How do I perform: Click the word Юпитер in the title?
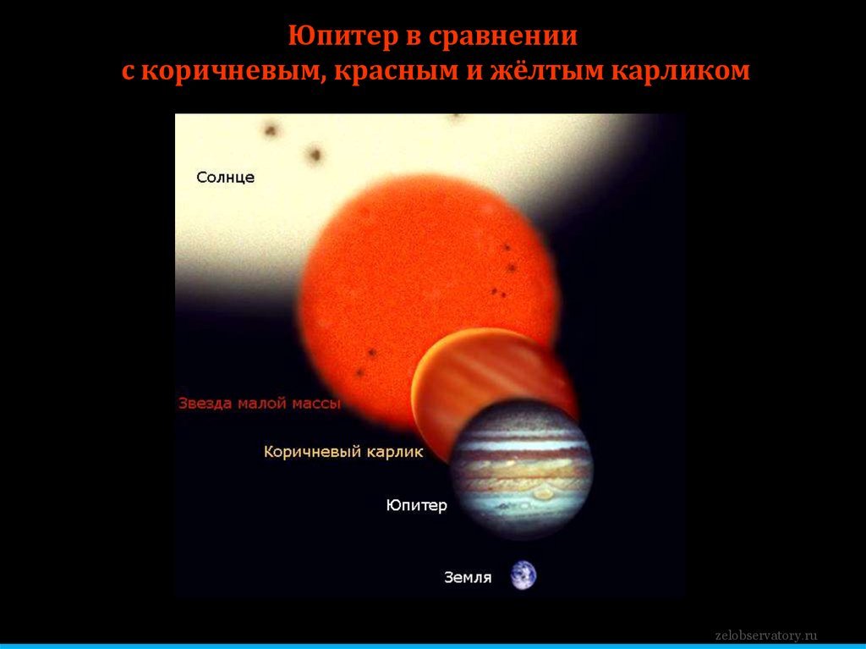343,36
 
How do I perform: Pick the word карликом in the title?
681,72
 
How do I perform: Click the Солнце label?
225,178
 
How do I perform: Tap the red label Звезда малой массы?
259,403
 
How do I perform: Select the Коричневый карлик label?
343,452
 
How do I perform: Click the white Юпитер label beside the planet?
416,505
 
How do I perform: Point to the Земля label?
468,578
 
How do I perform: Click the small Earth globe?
523,575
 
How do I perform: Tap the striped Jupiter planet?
521,469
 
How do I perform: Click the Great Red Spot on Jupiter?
542,492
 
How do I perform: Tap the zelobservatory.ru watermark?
766,635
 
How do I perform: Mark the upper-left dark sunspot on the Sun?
271,131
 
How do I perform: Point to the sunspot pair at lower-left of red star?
366,363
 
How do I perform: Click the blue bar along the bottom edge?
433,646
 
